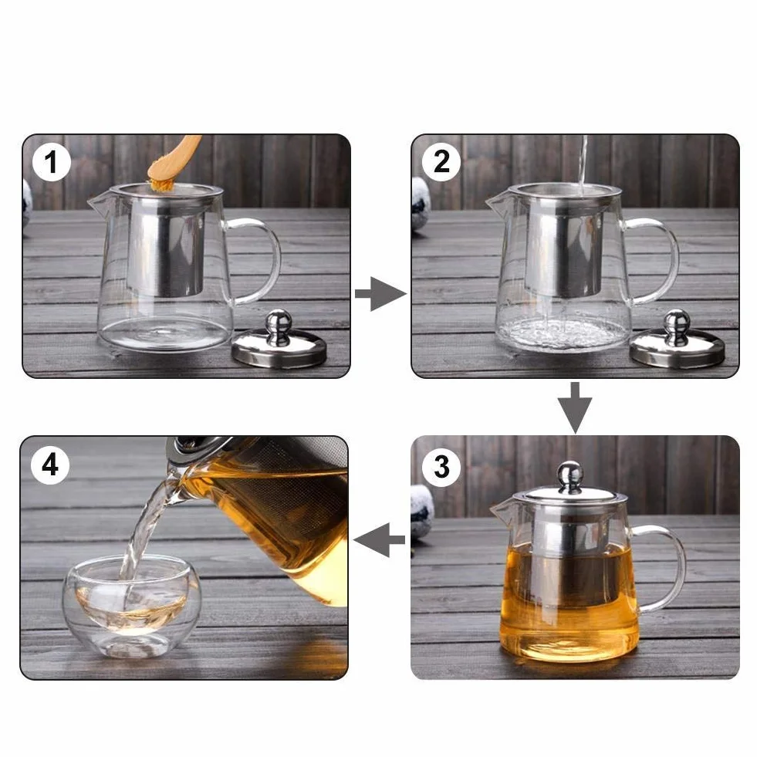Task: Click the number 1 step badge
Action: click(52, 162)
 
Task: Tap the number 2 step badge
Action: click(441, 162)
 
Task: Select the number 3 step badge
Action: click(441, 467)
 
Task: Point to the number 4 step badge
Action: click(50, 466)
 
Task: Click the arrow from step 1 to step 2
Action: click(380, 293)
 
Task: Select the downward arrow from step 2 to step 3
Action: click(575, 407)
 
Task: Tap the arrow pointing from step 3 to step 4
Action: click(380, 539)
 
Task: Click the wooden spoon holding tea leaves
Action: click(174, 162)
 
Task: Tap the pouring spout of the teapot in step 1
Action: click(99, 202)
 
